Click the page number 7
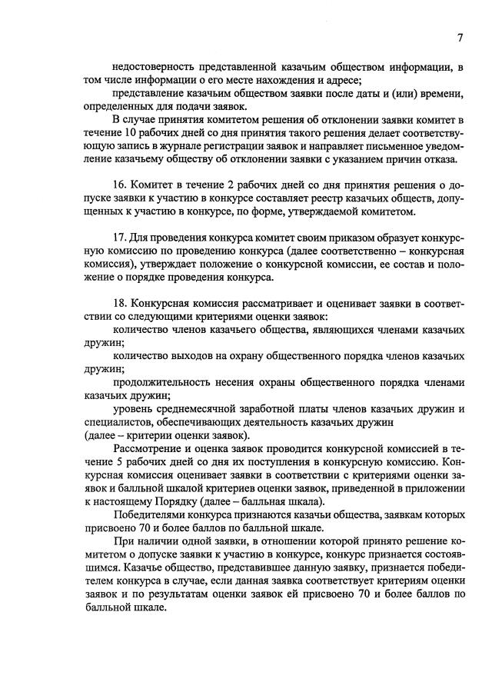point(459,38)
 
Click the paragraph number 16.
point(119,186)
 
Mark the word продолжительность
point(163,382)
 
